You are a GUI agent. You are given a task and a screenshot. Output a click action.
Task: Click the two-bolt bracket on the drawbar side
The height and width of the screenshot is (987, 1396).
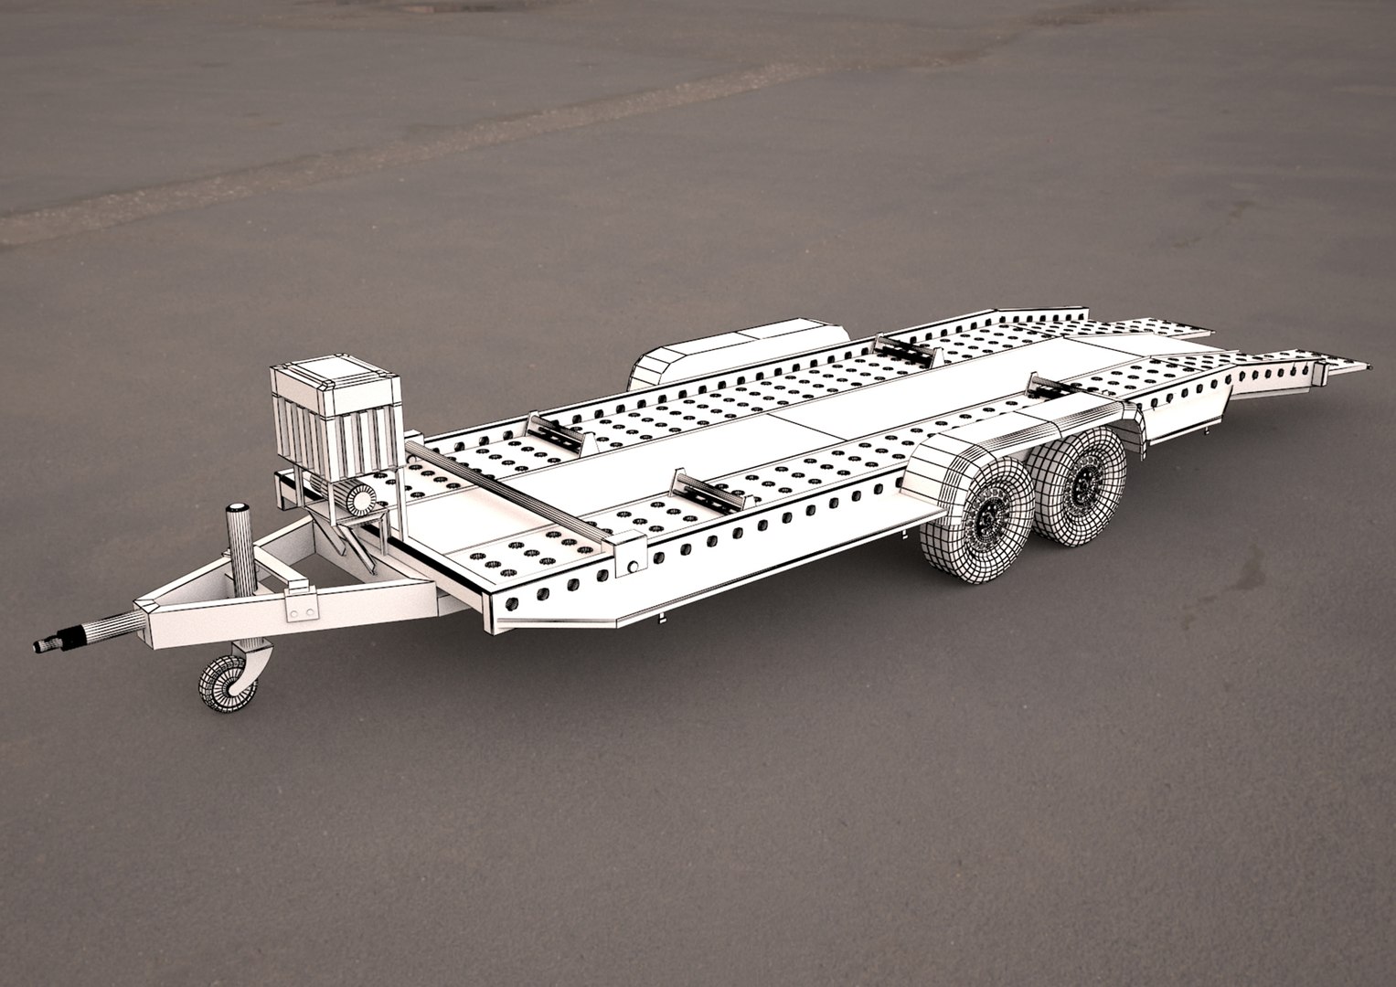[x=300, y=604]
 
